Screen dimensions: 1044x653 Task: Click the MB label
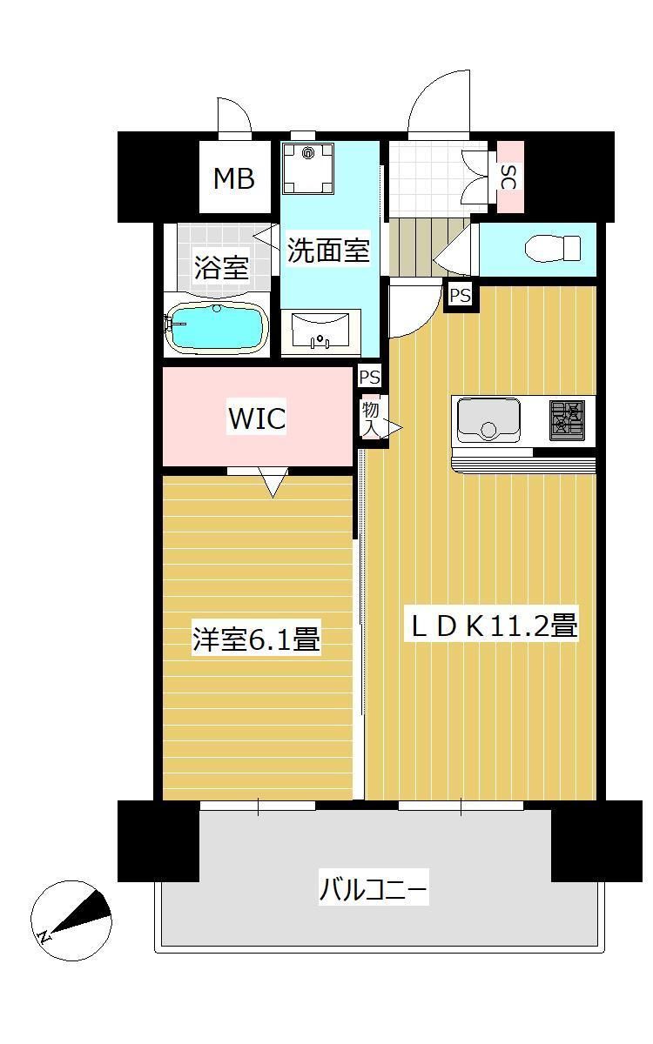tap(234, 179)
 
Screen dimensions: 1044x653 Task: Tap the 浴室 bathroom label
tap(221, 268)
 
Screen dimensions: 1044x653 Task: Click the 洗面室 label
tap(328, 251)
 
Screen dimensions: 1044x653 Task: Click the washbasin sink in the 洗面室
tap(320, 331)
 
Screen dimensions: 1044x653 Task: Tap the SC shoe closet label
tap(509, 178)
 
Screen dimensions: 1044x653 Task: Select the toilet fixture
tap(554, 249)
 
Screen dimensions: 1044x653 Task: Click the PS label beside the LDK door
tap(460, 296)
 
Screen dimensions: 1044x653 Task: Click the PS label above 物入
tap(370, 377)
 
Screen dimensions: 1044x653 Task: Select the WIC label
tap(256, 418)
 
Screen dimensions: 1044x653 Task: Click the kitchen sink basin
tap(488, 419)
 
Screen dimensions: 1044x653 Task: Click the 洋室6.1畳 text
tap(257, 641)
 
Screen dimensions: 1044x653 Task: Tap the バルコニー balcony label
tap(374, 890)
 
